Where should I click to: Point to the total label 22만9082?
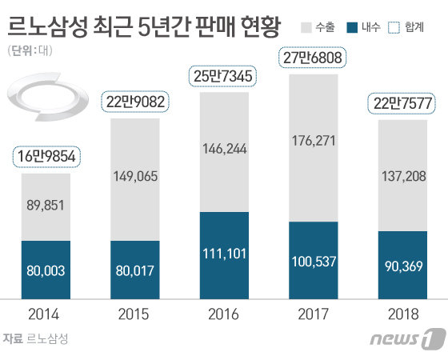coord(134,102)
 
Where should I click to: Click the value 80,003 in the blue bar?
coord(44,271)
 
